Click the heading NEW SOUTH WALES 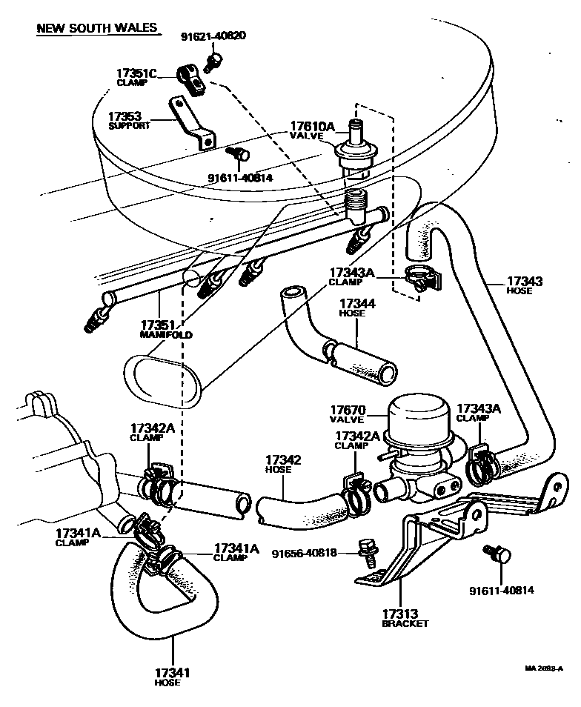coord(97,28)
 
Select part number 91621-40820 coord(213,36)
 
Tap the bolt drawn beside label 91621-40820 coord(214,60)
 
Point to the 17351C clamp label coord(136,77)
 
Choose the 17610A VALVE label coord(312,131)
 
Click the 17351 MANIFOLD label coord(166,329)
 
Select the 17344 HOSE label coord(356,308)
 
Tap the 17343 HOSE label coord(525,285)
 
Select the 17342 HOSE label coord(282,465)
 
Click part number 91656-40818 coord(304,554)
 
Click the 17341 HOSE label coord(172,677)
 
